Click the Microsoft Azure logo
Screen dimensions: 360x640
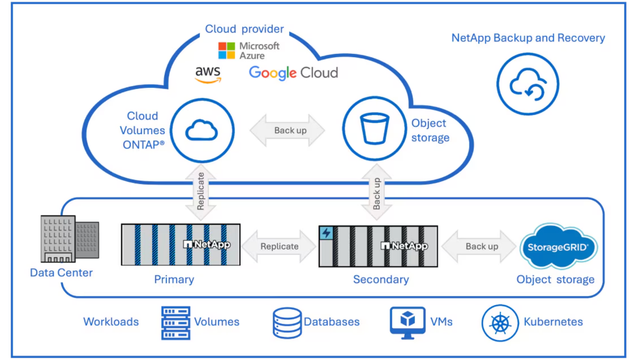click(249, 51)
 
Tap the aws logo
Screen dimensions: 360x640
click(208, 74)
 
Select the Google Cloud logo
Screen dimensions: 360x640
click(293, 73)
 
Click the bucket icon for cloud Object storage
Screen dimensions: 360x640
click(375, 129)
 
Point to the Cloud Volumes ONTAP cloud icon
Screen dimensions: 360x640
click(202, 130)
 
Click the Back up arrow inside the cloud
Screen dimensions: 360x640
click(287, 130)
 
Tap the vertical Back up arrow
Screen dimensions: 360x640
click(377, 192)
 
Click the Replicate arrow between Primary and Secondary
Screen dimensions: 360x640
click(279, 246)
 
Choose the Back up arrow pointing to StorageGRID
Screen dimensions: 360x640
click(479, 246)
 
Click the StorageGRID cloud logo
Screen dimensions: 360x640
click(558, 247)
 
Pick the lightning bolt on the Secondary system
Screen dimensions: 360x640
click(326, 233)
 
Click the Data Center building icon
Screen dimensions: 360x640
click(69, 239)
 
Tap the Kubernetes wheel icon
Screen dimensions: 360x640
click(500, 323)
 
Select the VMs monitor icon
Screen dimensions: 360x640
click(407, 322)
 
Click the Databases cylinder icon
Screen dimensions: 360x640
click(287, 322)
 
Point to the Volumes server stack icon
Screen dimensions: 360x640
click(176, 323)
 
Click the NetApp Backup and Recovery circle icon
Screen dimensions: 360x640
click(528, 84)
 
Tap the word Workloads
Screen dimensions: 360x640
click(111, 322)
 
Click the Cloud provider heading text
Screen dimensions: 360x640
click(244, 29)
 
